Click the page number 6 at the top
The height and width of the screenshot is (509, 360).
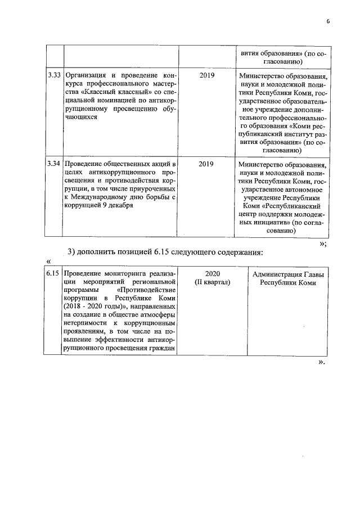click(x=327, y=22)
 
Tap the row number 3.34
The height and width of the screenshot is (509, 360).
click(x=54, y=164)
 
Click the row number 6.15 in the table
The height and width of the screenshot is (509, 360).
click(x=54, y=274)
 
